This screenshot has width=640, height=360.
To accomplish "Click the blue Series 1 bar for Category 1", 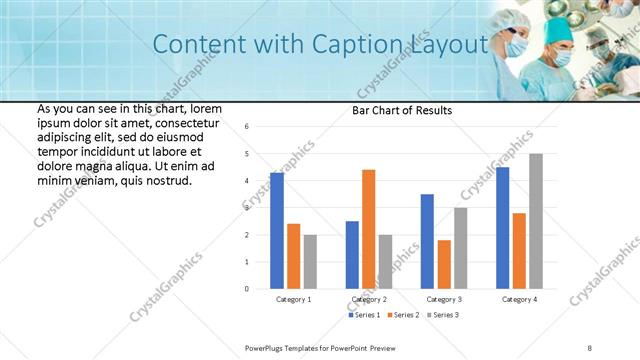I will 277,231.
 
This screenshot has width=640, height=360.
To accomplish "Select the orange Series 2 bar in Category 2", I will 368,229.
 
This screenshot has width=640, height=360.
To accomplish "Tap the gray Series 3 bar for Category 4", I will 536,221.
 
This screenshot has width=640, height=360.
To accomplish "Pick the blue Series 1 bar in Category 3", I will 427,241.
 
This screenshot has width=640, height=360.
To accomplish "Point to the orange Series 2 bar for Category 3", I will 444,264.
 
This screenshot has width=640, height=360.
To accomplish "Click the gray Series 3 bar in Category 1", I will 310,261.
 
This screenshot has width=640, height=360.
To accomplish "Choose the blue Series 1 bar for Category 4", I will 502,228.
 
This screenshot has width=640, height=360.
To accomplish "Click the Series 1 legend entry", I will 364,315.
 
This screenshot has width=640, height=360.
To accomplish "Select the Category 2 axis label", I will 368,300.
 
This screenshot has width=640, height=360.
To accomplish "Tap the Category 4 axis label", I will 518,300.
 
